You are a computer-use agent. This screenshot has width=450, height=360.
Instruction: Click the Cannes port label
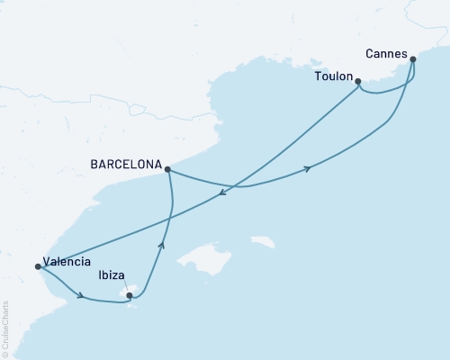coord(386,53)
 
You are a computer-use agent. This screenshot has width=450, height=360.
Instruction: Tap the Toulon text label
coord(333,77)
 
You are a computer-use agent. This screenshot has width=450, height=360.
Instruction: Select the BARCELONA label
coord(126,166)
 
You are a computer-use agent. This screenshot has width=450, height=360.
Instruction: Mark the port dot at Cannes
coord(412,60)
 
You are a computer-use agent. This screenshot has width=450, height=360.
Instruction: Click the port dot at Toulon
coord(358,82)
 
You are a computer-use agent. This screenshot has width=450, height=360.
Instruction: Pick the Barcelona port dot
coord(168,168)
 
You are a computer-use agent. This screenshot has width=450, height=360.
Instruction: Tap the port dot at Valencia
coord(37,266)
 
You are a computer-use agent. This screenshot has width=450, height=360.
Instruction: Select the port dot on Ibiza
coord(130,294)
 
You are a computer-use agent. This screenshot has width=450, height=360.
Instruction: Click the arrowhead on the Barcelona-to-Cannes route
coord(310,168)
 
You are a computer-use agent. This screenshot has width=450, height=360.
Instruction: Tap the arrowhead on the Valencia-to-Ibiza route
coord(81,295)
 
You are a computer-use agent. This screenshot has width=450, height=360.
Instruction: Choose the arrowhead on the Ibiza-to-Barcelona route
coord(163,242)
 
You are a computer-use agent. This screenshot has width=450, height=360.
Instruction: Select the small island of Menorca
coord(263,242)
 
